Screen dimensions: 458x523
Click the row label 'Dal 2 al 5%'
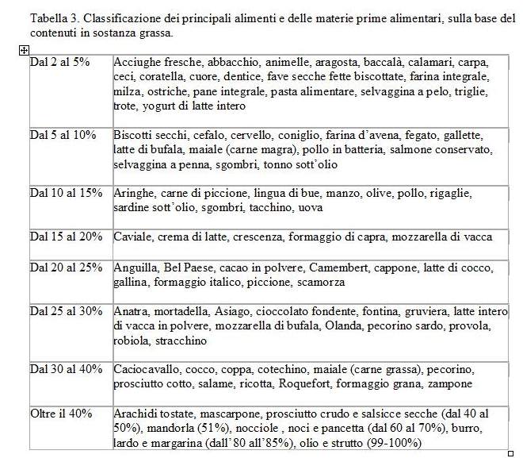pyautogui.click(x=59, y=62)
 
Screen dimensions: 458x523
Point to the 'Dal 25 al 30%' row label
pyautogui.click(x=66, y=310)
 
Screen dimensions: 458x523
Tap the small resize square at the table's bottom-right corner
pyautogui.click(x=510, y=452)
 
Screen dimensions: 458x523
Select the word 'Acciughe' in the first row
pyautogui.click(x=137, y=62)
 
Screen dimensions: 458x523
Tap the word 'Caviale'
pyautogui.click(x=133, y=237)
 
